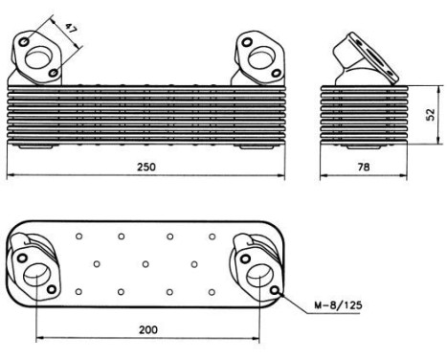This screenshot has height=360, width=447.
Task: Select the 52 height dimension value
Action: (432, 113)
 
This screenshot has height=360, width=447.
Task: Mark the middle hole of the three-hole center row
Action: (144, 261)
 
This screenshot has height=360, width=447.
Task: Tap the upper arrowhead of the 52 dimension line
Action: (423, 89)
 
